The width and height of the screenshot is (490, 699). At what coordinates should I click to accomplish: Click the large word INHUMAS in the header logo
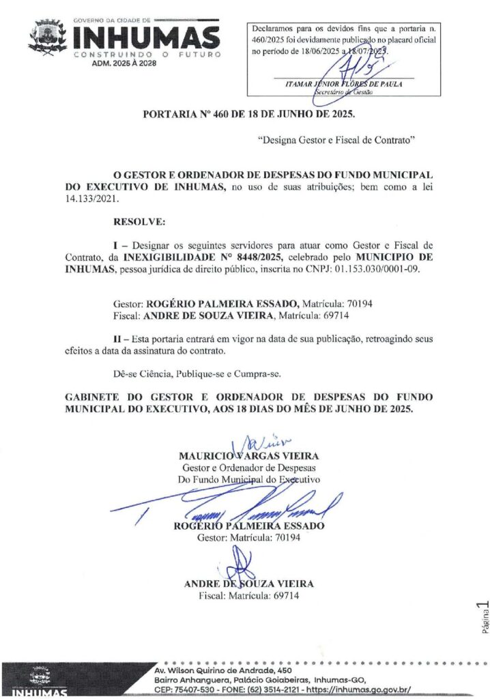(x=147, y=38)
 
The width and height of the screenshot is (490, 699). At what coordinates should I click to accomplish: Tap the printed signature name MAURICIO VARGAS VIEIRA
(x=248, y=455)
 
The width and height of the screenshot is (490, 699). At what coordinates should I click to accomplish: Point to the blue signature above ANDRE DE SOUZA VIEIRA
(x=243, y=566)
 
